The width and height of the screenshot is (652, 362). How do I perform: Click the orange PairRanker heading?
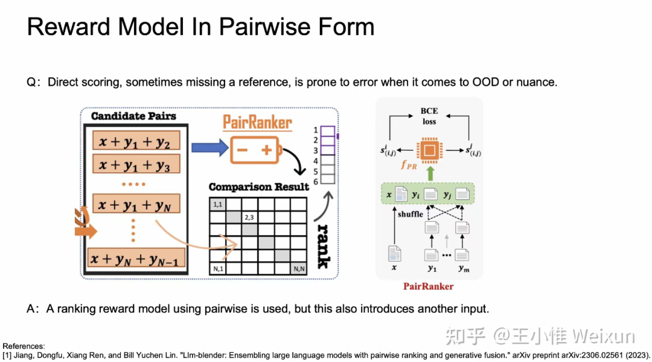[257, 124]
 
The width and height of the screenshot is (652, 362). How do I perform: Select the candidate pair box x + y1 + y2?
[135, 141]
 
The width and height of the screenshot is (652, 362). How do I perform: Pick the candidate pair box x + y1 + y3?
[135, 164]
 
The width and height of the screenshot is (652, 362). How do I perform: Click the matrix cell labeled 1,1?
[218, 204]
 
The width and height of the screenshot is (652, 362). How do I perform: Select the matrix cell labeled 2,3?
[250, 216]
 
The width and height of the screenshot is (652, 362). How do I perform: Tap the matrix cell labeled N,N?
[298, 268]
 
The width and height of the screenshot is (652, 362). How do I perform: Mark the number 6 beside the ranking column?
[315, 181]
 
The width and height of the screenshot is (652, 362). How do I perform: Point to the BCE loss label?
[429, 116]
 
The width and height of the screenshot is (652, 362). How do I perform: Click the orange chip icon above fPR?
[429, 150]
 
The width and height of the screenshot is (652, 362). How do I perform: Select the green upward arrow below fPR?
[429, 174]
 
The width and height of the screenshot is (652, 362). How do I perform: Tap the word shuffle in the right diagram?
[410, 215]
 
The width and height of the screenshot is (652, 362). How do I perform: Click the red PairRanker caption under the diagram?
[429, 286]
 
